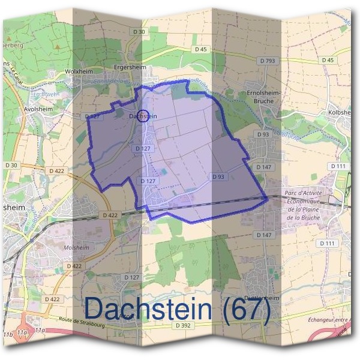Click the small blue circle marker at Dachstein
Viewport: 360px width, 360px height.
click(x=143, y=117)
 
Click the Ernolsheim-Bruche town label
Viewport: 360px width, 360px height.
click(x=260, y=97)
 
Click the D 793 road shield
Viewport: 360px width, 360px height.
click(x=268, y=61)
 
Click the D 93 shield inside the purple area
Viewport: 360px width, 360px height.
click(x=218, y=176)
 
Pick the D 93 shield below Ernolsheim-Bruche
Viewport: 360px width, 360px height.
click(x=263, y=134)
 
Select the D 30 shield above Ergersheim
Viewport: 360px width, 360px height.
click(x=139, y=31)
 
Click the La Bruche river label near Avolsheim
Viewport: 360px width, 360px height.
click(x=42, y=94)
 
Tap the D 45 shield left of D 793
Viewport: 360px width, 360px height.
click(x=200, y=49)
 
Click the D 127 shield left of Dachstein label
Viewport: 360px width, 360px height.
click(x=92, y=116)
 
